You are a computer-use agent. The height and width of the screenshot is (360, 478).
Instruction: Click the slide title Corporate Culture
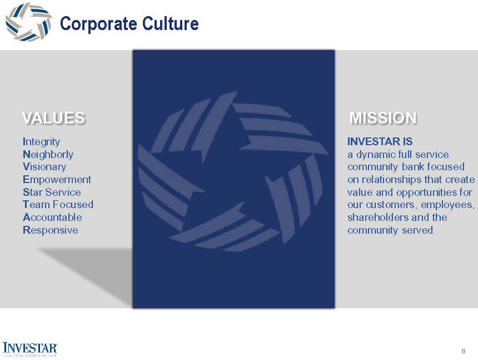129,24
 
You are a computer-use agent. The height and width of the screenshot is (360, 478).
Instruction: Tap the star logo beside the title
28,22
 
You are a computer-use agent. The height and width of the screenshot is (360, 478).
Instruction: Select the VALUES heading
53,118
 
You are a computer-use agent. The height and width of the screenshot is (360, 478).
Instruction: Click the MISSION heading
383,118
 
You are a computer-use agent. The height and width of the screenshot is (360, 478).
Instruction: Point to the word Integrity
41,142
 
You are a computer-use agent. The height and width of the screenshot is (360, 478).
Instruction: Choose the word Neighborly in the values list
48,154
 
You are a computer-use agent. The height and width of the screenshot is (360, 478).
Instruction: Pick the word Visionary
44,167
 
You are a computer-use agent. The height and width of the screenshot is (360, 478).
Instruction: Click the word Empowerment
57,179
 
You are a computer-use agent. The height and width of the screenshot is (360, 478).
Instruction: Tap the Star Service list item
51,192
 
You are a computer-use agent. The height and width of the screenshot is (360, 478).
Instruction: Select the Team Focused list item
57,205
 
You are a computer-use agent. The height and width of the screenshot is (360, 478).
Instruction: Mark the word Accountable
52,217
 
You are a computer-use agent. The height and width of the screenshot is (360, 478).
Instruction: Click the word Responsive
50,230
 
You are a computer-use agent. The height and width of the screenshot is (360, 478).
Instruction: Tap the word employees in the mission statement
446,205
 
